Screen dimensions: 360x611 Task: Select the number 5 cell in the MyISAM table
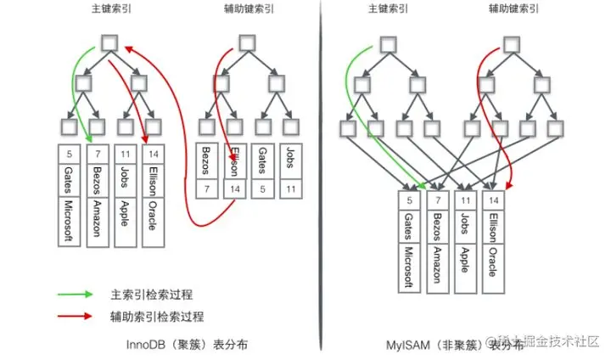pyautogui.click(x=410, y=201)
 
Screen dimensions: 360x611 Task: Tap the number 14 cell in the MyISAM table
pyautogui.click(x=492, y=201)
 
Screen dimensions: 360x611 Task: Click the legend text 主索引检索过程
pyautogui.click(x=152, y=295)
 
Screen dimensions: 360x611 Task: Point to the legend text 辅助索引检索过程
pyautogui.click(x=158, y=317)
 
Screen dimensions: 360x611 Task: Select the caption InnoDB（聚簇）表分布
pyautogui.click(x=188, y=345)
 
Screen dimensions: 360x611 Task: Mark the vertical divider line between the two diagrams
pyautogui.click(x=322, y=170)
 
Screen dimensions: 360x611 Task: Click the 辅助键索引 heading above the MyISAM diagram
pyautogui.click(x=512, y=9)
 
